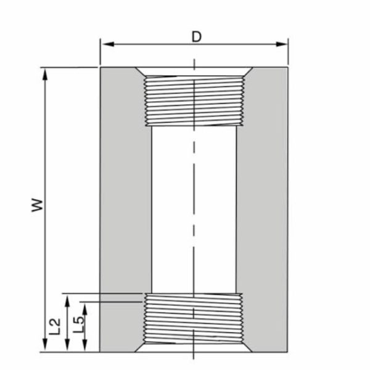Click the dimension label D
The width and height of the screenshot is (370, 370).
196,36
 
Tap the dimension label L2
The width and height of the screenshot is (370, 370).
55,326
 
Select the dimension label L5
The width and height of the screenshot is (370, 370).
78,326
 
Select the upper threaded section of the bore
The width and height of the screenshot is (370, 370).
194,99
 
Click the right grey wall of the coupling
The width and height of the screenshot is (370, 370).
263,210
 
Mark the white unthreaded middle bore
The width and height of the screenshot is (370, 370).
194,210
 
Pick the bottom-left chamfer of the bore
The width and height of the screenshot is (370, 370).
141,347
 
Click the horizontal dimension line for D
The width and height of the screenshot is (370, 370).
154,44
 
